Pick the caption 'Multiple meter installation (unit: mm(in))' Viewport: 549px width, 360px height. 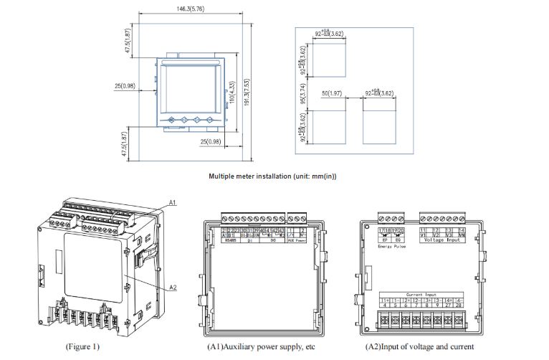pyautogui.click(x=273, y=176)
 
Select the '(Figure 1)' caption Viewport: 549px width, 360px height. pyautogui.click(x=82, y=347)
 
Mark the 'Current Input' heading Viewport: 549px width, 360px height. pyautogui.click(x=420, y=294)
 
